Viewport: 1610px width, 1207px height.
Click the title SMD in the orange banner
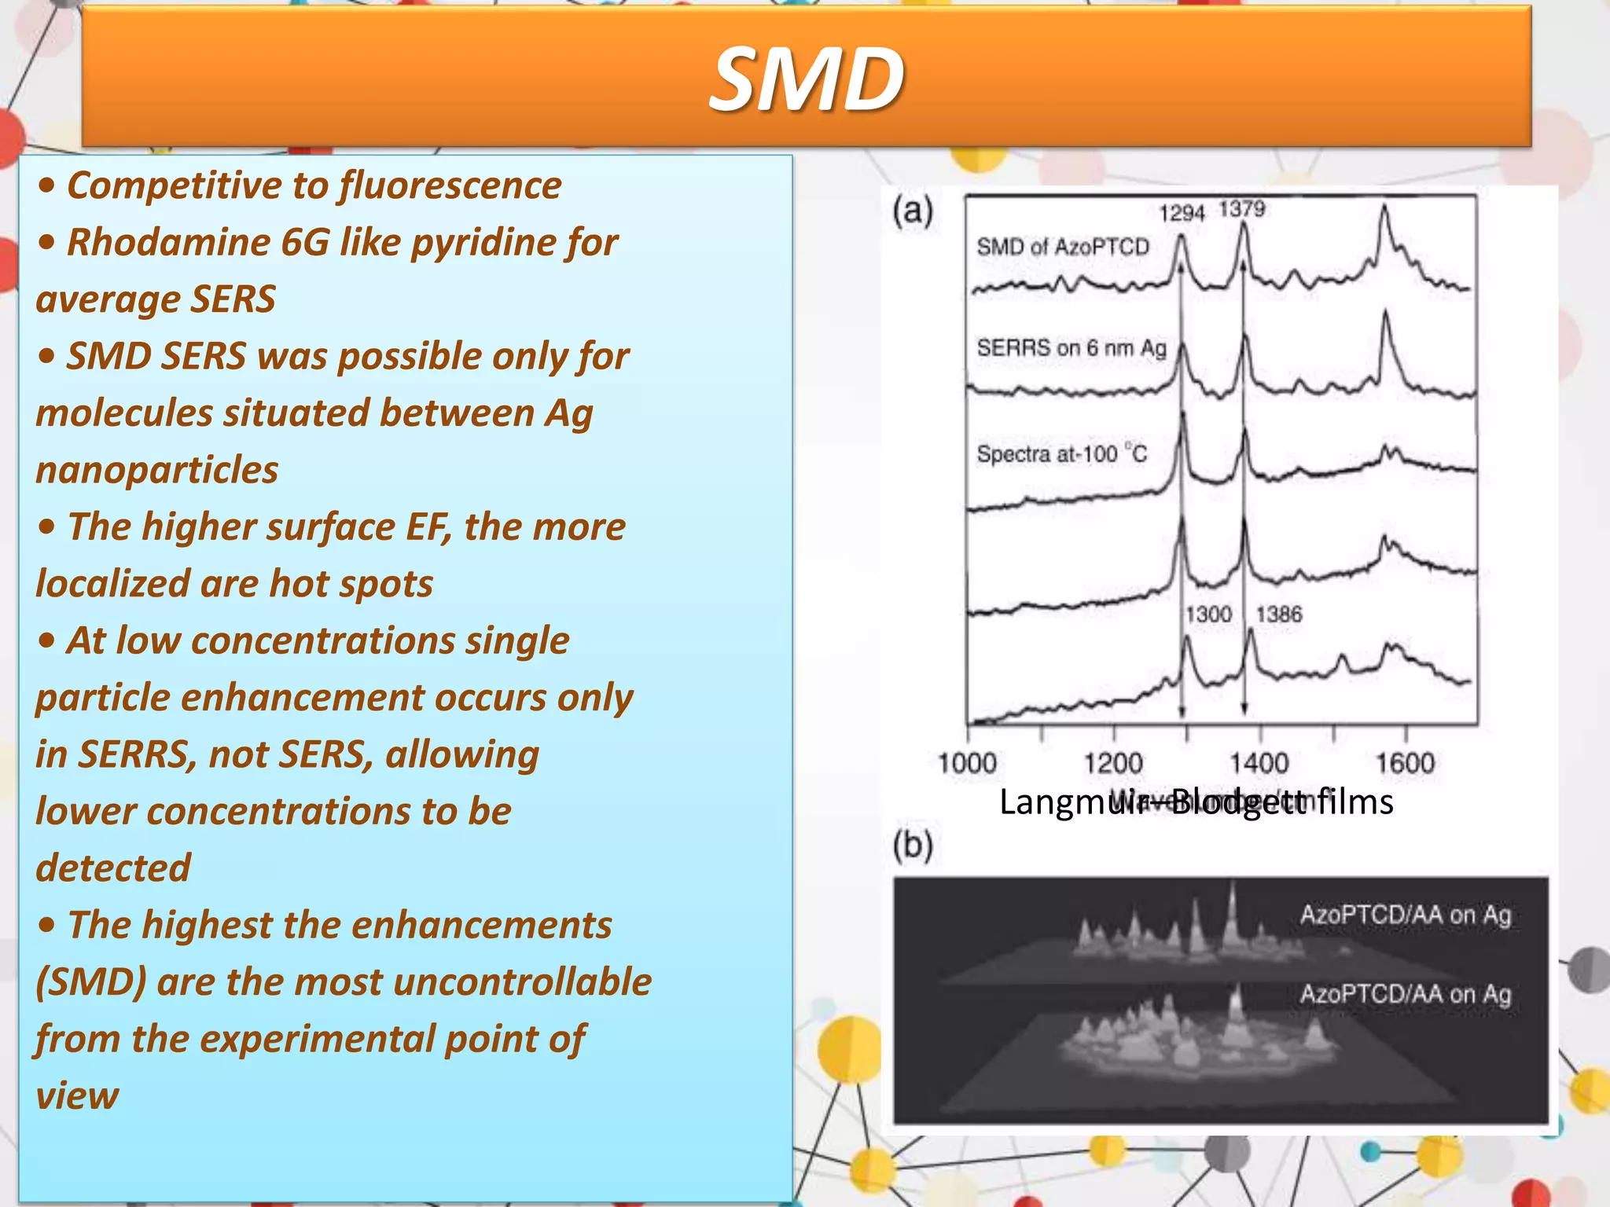click(807, 79)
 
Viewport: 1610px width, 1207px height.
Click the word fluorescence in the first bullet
click(450, 186)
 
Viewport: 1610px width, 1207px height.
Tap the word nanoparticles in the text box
click(157, 470)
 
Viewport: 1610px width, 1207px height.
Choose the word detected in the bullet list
click(113, 868)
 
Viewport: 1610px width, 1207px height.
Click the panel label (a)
click(913, 211)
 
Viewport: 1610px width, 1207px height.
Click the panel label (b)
click(913, 846)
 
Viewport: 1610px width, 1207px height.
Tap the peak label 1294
click(1182, 213)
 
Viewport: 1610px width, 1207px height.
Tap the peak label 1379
click(1242, 209)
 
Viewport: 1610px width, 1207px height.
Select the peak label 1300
click(1208, 614)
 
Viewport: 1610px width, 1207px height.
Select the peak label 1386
click(1279, 614)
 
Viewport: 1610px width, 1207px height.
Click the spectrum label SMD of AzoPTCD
click(1063, 247)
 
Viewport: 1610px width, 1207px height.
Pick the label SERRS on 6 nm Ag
click(1071, 347)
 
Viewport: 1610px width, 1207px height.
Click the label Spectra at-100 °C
click(1061, 454)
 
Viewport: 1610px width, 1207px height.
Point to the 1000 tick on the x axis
click(967, 762)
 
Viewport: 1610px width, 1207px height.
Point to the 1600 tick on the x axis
click(1405, 762)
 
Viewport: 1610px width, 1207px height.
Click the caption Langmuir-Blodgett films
click(1196, 802)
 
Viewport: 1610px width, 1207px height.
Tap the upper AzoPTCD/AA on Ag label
click(1406, 915)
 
